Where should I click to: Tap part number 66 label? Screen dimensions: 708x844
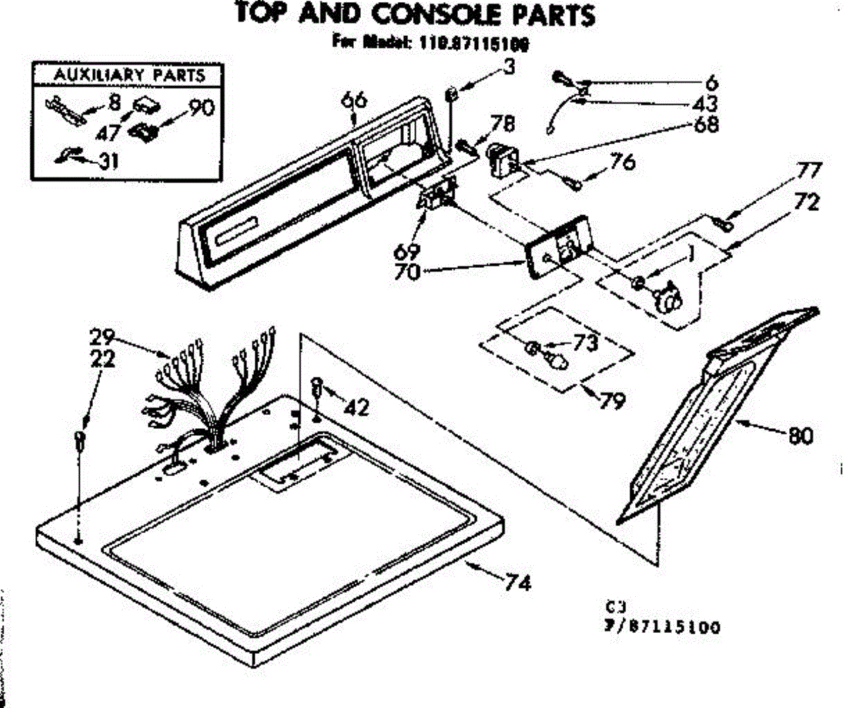355,101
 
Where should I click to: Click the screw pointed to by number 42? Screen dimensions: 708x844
317,386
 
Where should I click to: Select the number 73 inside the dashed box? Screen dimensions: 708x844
585,344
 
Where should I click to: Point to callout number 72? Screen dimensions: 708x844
809,205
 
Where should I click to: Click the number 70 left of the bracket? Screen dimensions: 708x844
407,270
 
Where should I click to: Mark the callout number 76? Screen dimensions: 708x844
622,162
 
